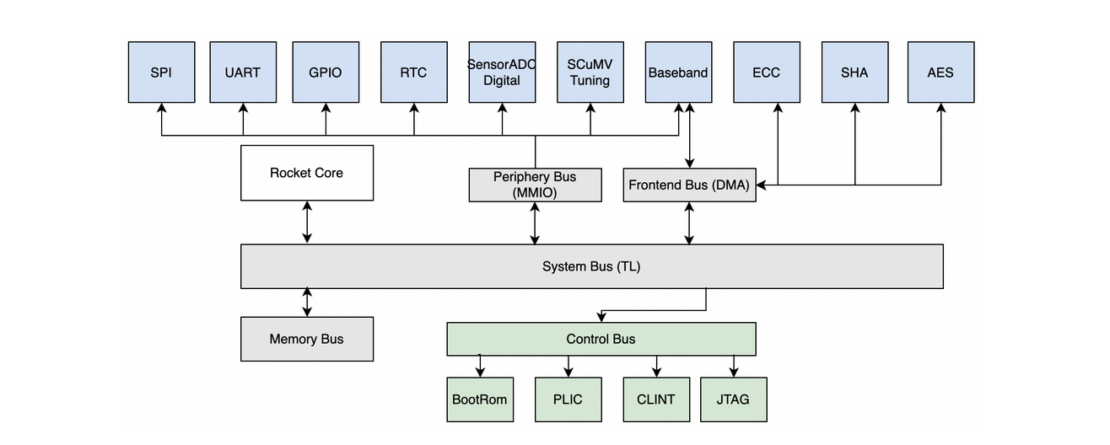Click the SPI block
161,72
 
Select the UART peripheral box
243,72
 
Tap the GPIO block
326,72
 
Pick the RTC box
413,72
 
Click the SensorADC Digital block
502,72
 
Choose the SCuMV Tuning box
590,72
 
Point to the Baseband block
678,72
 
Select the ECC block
766,72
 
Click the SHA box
854,72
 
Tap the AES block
940,72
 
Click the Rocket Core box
307,173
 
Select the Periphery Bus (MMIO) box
535,185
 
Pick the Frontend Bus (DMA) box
689,185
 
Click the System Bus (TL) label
591,266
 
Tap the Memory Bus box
307,339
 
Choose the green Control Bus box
601,339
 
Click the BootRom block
480,399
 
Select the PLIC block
568,399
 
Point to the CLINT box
656,399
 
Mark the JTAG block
733,399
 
